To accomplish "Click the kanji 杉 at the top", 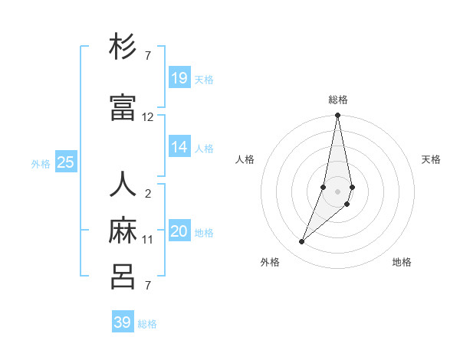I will click(x=123, y=47).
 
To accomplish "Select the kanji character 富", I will click(x=123, y=106).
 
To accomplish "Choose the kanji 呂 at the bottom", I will click(x=123, y=276).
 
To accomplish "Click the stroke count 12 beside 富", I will click(x=148, y=117).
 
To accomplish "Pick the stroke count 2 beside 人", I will click(x=148, y=194).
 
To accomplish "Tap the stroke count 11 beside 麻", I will click(x=148, y=240).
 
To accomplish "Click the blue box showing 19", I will click(x=179, y=77).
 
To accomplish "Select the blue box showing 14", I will click(x=179, y=147).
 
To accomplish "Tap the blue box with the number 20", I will click(x=179, y=231).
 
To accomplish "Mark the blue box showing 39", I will click(x=123, y=322).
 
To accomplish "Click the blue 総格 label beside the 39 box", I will click(x=147, y=324).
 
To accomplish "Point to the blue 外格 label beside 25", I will click(x=41, y=163).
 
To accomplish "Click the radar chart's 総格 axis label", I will click(x=338, y=100).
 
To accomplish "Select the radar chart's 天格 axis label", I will click(x=431, y=159).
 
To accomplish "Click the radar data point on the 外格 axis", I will click(x=302, y=242).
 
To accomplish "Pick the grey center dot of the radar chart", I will click(x=338, y=191).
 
